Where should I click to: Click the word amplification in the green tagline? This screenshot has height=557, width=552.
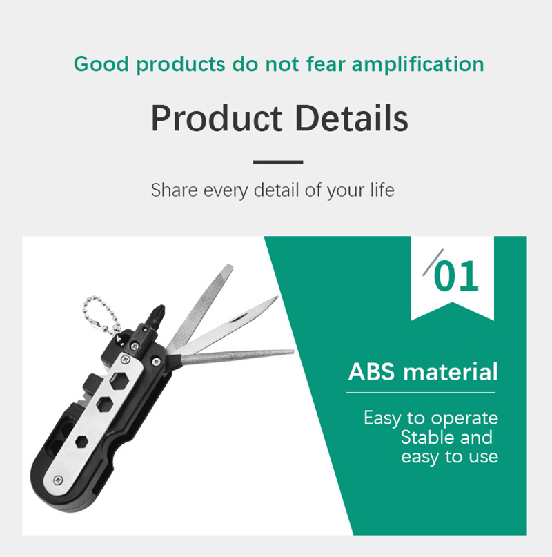(417, 65)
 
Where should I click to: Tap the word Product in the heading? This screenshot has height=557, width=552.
(217, 118)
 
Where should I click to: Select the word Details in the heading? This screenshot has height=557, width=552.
(351, 118)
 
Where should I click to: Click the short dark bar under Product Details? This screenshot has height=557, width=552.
(278, 162)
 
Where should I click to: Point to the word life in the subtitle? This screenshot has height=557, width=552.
(382, 190)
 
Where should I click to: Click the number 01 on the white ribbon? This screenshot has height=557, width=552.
(456, 275)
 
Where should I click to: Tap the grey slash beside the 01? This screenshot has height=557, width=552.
(433, 262)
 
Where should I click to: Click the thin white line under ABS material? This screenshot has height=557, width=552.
(421, 393)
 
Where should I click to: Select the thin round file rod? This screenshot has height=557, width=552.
(237, 357)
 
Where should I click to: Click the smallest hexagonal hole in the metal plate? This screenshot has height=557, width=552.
(81, 442)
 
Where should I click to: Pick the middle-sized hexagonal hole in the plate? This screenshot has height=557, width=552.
(105, 404)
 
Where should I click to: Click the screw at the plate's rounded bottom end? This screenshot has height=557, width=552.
(58, 480)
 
